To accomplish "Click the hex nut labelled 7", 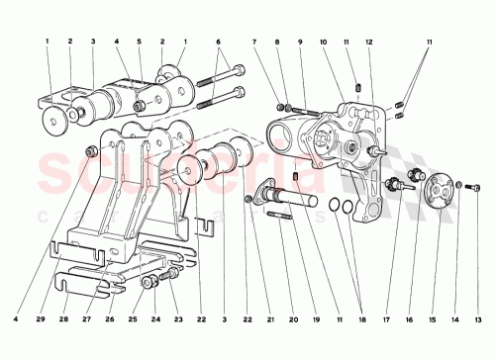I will pyautogui.click(x=281, y=106).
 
